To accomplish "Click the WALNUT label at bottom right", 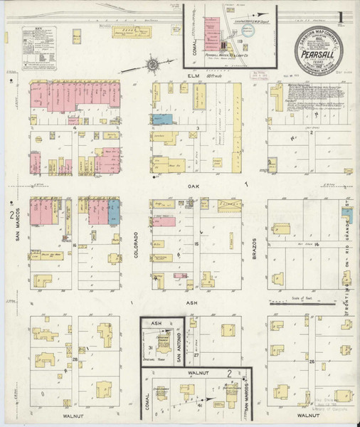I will [x=305, y=413].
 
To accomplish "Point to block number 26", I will [x=312, y=362].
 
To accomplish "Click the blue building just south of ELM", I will [x=163, y=119].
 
